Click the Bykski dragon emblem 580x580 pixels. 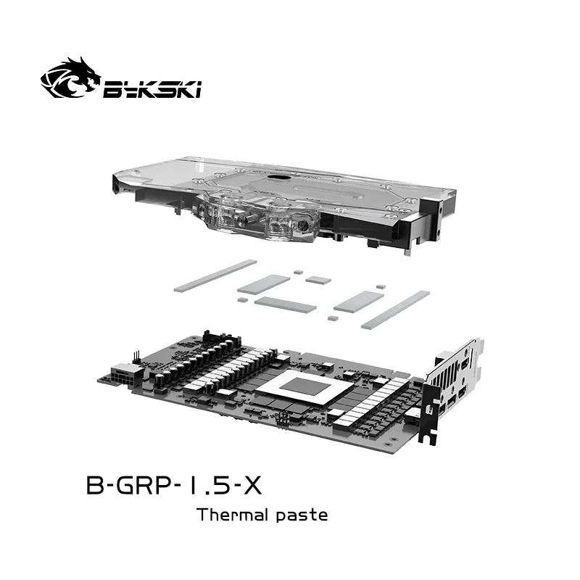(x=70, y=79)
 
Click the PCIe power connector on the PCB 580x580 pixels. (x=120, y=378)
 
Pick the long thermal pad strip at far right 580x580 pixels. (x=395, y=310)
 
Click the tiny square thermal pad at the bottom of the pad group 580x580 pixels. (x=333, y=318)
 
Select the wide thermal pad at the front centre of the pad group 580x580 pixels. (x=286, y=304)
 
